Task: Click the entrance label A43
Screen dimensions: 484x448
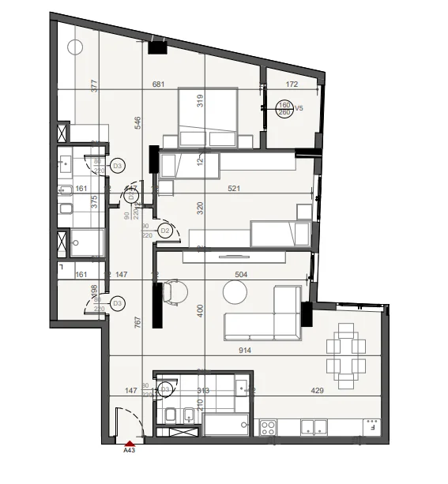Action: tap(130, 451)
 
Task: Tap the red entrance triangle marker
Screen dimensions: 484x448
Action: tap(130, 442)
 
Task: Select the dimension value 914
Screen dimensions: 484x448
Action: tap(232, 350)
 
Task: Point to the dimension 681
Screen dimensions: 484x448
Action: tap(158, 85)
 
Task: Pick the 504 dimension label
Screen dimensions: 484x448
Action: tap(242, 275)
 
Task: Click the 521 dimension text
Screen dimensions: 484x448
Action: tap(232, 189)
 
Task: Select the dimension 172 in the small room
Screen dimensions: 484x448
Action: tap(292, 84)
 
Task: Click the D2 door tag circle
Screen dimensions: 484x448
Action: tap(165, 231)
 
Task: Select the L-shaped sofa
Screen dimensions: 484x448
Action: tap(265, 316)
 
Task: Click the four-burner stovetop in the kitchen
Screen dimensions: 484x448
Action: tap(268, 427)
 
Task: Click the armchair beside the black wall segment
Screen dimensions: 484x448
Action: tap(175, 293)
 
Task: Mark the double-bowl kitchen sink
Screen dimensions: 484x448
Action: tap(314, 427)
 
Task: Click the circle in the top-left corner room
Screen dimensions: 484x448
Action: tap(76, 47)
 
